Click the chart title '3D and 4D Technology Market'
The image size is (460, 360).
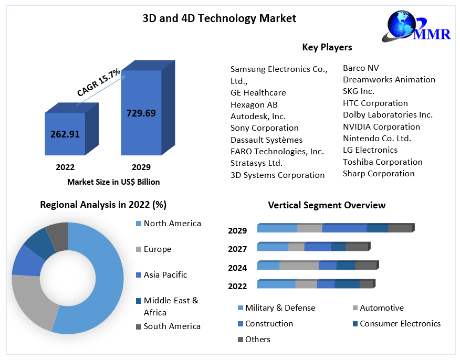[x=219, y=18]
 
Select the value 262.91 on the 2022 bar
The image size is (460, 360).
[x=65, y=134]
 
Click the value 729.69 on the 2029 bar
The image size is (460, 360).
[x=141, y=112]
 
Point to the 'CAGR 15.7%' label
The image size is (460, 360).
[x=99, y=83]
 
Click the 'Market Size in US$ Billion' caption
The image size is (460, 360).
[x=113, y=182]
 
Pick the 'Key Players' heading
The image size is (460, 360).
[x=327, y=47]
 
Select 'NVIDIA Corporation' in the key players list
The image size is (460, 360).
[x=381, y=126]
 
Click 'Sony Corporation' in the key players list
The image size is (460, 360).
[x=265, y=128]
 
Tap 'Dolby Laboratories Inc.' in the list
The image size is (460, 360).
[x=388, y=114]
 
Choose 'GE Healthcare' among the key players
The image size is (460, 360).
[x=258, y=92]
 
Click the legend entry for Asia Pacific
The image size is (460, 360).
[x=165, y=274]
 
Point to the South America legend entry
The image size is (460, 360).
[x=172, y=326]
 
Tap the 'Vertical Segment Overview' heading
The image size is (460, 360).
[x=327, y=205]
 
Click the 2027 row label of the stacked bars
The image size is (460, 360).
[x=237, y=249]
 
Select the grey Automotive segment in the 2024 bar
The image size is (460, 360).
[x=299, y=266]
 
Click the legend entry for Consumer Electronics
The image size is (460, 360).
[x=400, y=323]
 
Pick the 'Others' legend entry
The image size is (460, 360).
[x=258, y=339]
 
